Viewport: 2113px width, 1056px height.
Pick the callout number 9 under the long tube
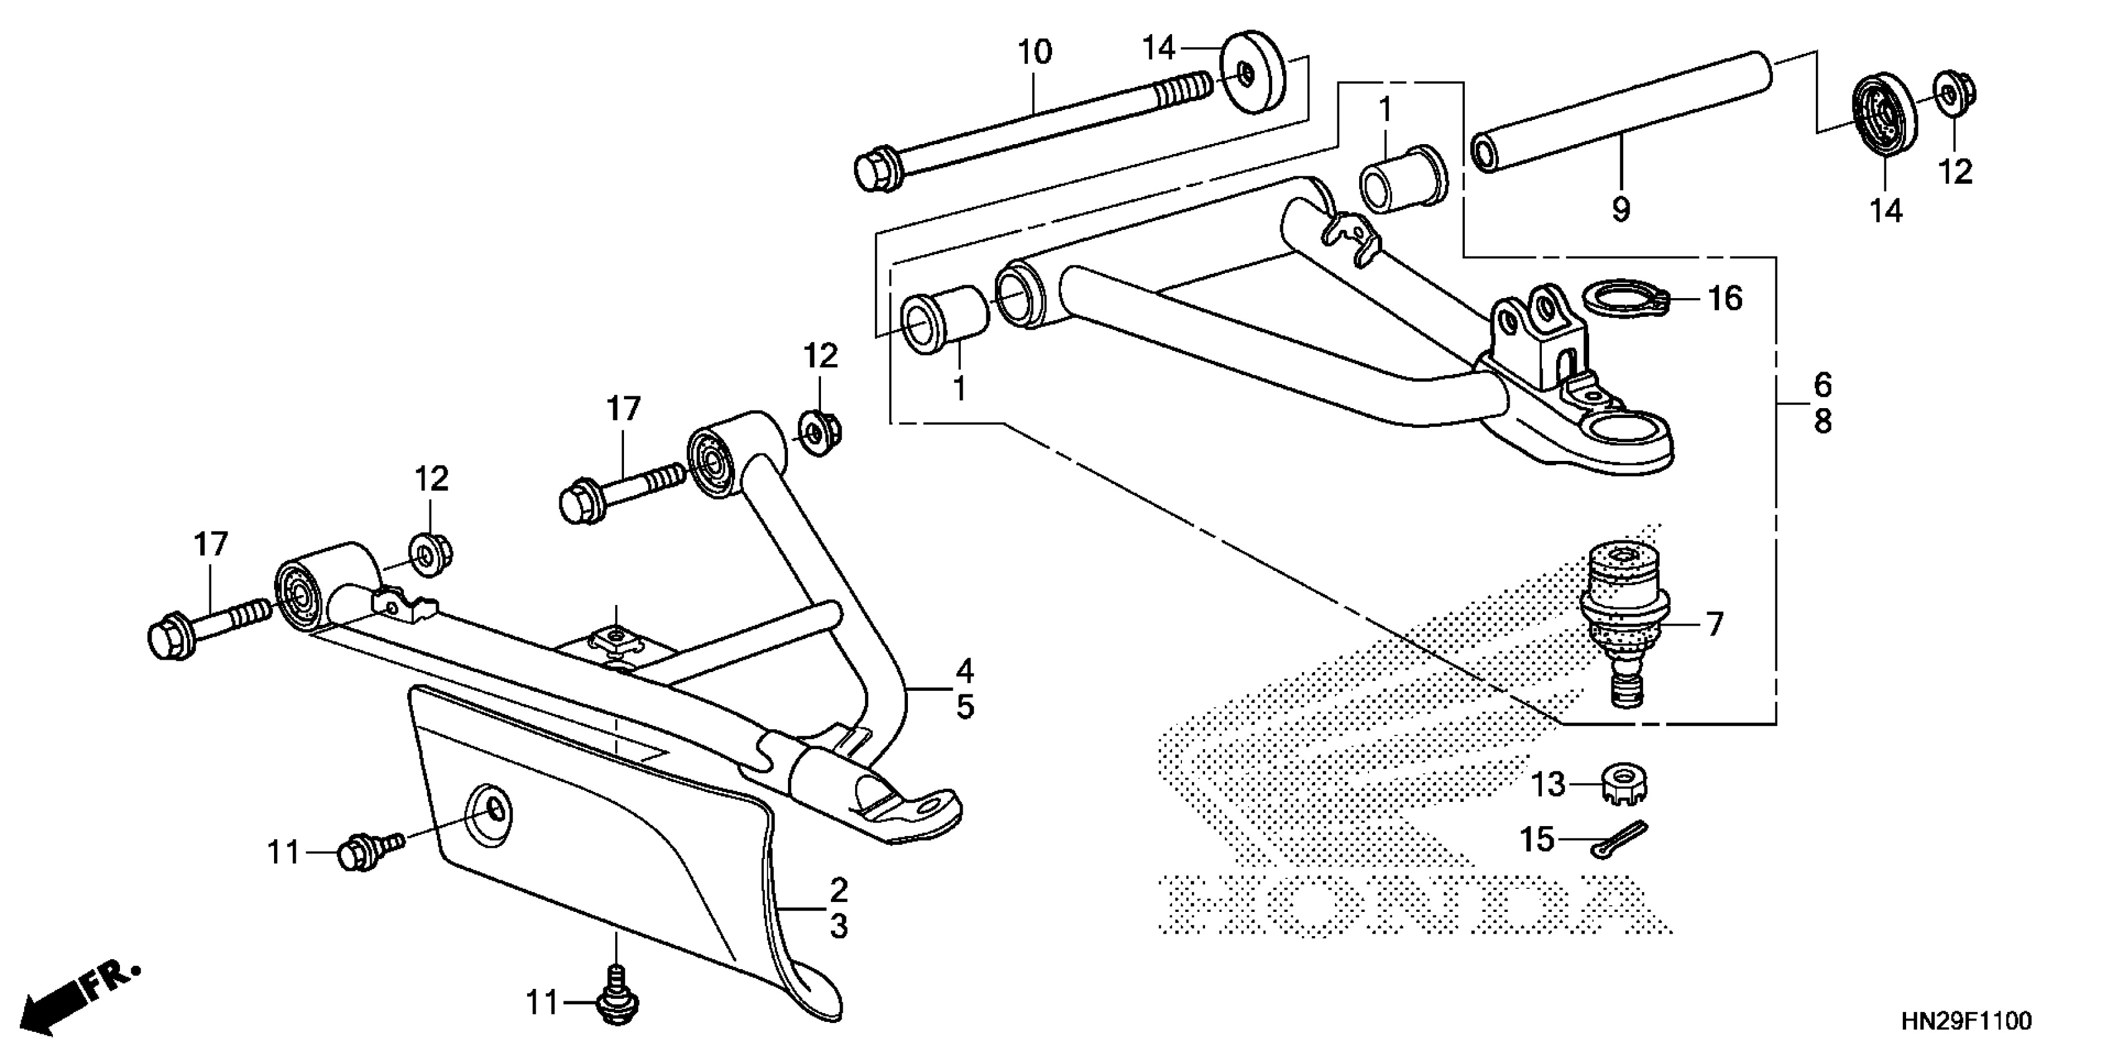[1621, 210]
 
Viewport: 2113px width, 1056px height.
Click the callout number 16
[1724, 298]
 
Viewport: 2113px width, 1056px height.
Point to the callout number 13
[1549, 785]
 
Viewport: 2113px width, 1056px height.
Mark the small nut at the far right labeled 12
[1956, 92]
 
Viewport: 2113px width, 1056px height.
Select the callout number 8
[1822, 422]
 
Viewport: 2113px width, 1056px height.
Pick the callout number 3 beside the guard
[838, 926]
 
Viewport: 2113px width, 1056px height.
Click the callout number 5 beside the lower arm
[965, 707]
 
